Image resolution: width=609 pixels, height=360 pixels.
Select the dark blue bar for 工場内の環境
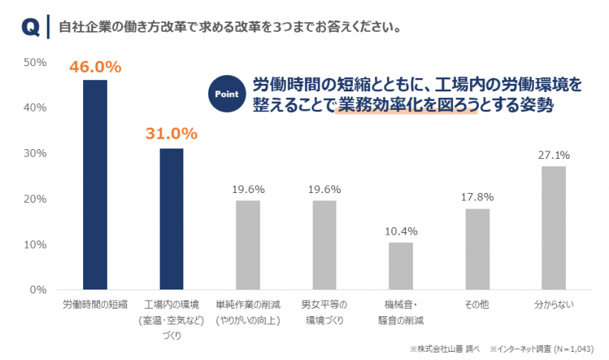[171, 219]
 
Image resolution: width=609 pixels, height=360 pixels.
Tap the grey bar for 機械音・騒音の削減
[400, 266]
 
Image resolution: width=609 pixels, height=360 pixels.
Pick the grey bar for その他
[477, 249]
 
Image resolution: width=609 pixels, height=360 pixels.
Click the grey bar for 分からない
[553, 228]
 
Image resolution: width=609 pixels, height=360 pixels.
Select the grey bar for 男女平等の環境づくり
[324, 245]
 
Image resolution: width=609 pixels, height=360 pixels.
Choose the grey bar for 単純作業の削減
[247, 245]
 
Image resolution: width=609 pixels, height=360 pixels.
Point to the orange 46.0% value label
[94, 68]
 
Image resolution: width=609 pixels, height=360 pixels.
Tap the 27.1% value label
[554, 155]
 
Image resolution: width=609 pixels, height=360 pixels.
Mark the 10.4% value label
[400, 231]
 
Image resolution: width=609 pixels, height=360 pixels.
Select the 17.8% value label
[477, 197]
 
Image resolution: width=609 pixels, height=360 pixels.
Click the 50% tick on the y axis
[35, 62]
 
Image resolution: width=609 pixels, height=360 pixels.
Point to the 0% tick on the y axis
[38, 289]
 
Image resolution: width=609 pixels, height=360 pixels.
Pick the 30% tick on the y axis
[35, 154]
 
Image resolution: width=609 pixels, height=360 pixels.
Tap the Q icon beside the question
[30, 27]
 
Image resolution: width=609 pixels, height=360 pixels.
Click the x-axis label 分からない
[553, 305]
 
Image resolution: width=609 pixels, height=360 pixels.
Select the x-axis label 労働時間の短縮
[94, 305]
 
